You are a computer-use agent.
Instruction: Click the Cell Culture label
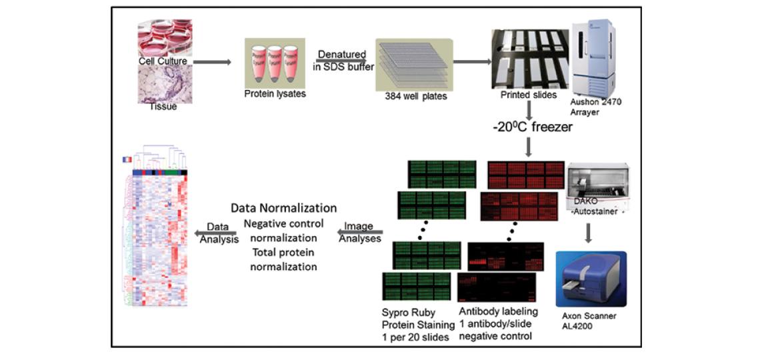163,61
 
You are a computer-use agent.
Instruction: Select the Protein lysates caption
275,94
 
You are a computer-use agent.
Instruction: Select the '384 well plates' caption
415,96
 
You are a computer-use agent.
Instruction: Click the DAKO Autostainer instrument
597,187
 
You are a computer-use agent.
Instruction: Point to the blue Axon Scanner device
591,279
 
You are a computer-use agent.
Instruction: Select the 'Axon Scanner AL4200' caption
589,322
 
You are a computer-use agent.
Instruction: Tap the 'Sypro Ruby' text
408,311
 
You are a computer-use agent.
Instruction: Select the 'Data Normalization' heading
283,208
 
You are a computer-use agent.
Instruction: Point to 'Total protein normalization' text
283,259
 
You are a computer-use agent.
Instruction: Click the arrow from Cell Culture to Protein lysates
213,62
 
